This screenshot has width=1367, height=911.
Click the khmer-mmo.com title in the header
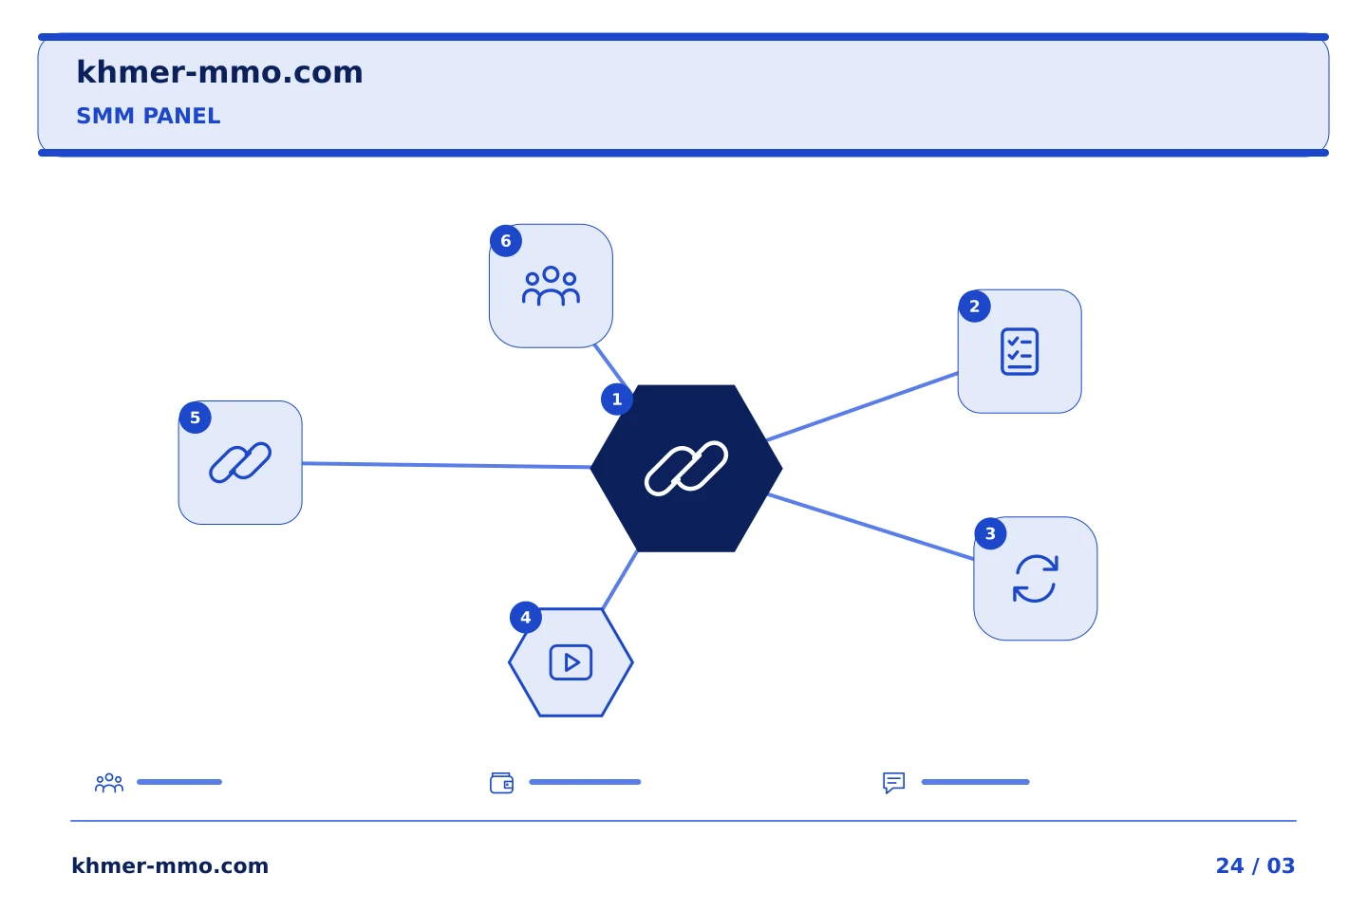click(x=219, y=72)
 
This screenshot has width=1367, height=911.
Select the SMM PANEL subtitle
click(x=148, y=116)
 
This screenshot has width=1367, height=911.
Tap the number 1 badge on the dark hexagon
click(x=616, y=400)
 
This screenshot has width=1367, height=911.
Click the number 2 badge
click(x=974, y=307)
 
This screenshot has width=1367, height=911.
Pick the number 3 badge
click(x=990, y=534)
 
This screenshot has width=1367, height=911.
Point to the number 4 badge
click(x=526, y=618)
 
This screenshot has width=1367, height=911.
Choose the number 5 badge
click(x=196, y=418)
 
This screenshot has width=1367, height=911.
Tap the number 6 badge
click(x=506, y=241)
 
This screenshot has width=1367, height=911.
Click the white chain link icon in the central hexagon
click(x=686, y=468)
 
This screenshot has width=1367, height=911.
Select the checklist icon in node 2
click(x=1020, y=351)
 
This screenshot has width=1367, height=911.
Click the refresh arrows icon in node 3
click(x=1035, y=579)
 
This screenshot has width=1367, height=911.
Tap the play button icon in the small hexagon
click(x=571, y=662)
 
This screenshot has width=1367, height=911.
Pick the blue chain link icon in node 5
click(x=240, y=462)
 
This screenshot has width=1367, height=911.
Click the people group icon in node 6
click(x=551, y=286)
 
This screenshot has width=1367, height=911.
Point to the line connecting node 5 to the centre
click(x=446, y=466)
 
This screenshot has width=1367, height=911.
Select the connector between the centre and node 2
click(x=862, y=406)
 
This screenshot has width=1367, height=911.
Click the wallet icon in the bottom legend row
click(x=501, y=783)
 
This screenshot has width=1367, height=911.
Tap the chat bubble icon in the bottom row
click(x=893, y=782)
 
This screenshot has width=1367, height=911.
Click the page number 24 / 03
click(x=1255, y=865)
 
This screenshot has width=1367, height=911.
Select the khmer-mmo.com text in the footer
click(x=170, y=865)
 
